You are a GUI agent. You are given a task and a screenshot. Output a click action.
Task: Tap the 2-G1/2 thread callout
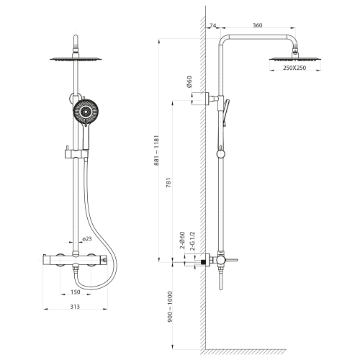click(x=190, y=241)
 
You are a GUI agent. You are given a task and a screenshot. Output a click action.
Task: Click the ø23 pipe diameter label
click(x=86, y=238)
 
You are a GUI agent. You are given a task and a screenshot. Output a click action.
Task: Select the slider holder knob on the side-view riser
click(x=222, y=152)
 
